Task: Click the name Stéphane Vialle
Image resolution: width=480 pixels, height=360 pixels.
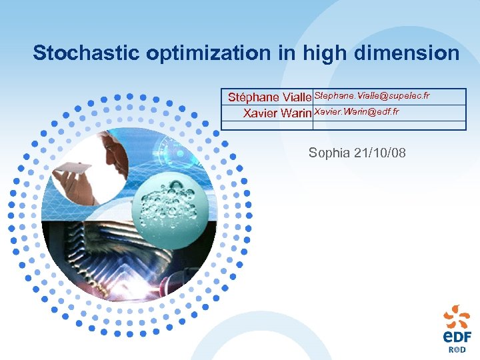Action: coord(269,97)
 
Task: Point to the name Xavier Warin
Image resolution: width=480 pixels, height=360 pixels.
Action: coord(277,113)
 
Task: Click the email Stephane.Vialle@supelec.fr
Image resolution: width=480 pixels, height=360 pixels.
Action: coord(371,96)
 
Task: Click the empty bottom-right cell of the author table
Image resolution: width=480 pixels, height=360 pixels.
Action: coord(389,125)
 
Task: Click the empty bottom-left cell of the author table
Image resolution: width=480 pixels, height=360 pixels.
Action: coord(267,125)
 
